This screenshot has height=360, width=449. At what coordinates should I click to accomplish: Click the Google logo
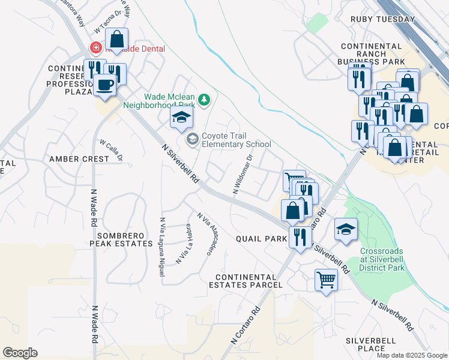click(20, 353)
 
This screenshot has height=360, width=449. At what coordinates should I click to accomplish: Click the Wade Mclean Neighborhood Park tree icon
click(204, 99)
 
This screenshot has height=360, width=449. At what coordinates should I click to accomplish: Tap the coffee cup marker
click(105, 85)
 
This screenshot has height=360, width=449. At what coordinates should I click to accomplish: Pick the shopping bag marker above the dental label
click(118, 41)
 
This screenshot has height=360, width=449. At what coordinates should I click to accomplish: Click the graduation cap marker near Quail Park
click(346, 230)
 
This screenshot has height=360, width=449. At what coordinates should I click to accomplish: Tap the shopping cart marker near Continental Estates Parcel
click(326, 280)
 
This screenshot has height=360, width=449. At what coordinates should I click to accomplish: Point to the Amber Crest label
click(79, 159)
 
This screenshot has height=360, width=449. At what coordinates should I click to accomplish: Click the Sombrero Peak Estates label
click(121, 239)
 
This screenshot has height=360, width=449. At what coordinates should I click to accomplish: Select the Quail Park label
click(261, 239)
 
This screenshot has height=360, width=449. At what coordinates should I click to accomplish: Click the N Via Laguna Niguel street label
click(162, 246)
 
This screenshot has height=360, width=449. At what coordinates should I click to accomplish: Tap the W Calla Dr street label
click(112, 151)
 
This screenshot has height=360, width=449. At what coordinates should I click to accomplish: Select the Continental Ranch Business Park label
click(372, 53)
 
